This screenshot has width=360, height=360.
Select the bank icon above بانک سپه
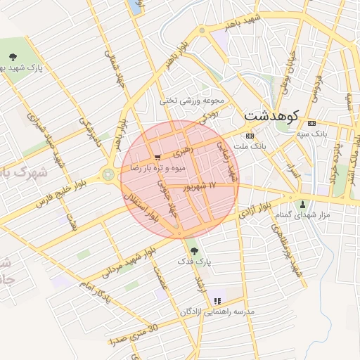click(x=312, y=123)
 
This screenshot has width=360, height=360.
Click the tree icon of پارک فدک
click(x=194, y=251)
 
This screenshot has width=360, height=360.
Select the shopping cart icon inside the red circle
click(x=158, y=158)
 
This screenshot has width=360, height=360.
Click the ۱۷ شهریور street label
click(x=198, y=186)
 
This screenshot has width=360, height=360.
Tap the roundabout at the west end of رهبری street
click(x=109, y=173)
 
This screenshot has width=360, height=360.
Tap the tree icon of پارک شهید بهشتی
click(x=12, y=58)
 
